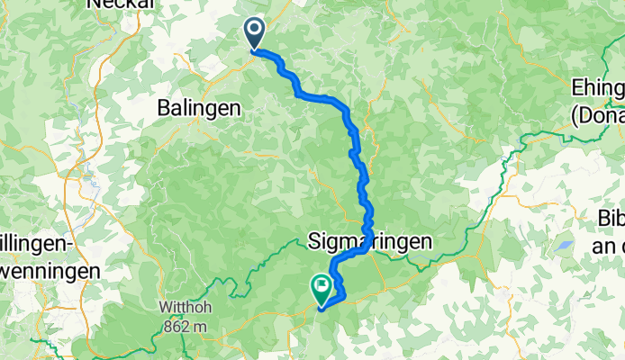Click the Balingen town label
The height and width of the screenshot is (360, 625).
pyautogui.click(x=199, y=107)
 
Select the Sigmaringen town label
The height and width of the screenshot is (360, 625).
pyautogui.click(x=370, y=241)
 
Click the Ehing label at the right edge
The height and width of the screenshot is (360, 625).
pyautogui.click(x=598, y=88)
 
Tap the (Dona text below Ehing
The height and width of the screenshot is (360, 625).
pyautogui.click(x=598, y=113)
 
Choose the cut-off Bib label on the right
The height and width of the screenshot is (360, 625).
pyautogui.click(x=611, y=219)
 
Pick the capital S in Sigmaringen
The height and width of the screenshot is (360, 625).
pyautogui.click(x=315, y=241)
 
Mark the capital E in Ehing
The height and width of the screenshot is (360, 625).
pyautogui.click(x=577, y=88)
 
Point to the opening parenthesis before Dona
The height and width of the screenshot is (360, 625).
pyautogui.click(x=575, y=114)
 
